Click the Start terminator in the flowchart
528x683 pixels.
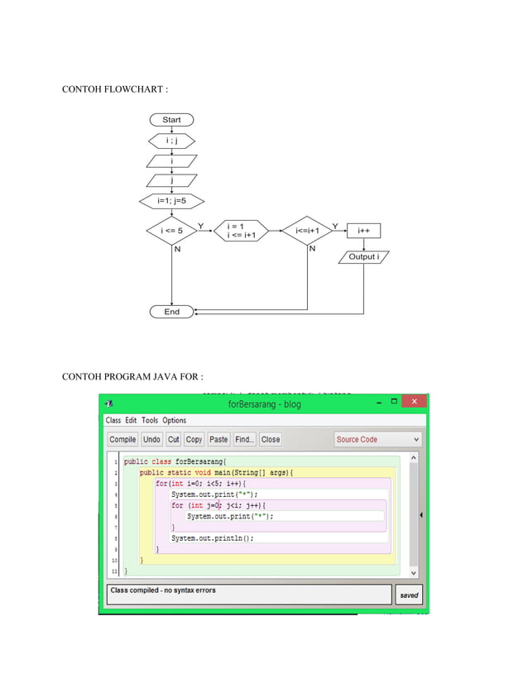171,120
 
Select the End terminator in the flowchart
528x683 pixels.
171,312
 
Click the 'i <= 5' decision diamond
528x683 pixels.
170,231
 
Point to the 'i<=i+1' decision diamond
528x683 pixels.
307,231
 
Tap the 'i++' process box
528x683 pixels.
363,231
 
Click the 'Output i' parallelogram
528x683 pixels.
363,257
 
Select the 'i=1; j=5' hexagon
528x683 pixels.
171,200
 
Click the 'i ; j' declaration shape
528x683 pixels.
171,141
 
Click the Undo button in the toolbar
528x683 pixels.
151,440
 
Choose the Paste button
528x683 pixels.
218,440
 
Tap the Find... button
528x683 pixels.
244,440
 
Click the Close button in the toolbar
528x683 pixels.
271,440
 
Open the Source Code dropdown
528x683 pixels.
377,440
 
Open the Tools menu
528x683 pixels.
149,420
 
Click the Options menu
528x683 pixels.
174,420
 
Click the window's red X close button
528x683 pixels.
415,403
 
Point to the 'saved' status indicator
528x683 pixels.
409,595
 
